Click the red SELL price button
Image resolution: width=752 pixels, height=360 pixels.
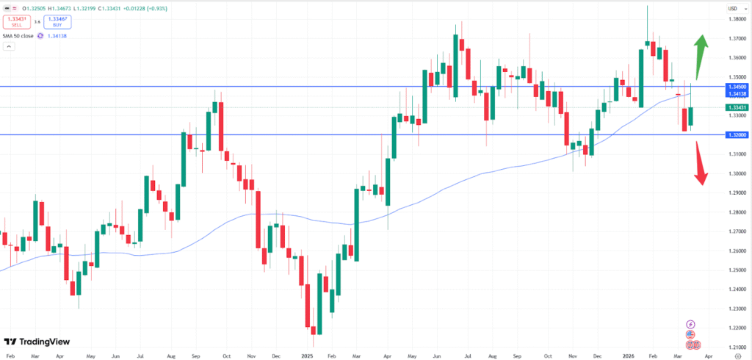click(15, 21)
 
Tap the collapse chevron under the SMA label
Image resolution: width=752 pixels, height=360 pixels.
click(9, 46)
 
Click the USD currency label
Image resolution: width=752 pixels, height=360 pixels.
click(732, 8)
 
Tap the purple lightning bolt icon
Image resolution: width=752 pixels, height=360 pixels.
click(690, 324)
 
